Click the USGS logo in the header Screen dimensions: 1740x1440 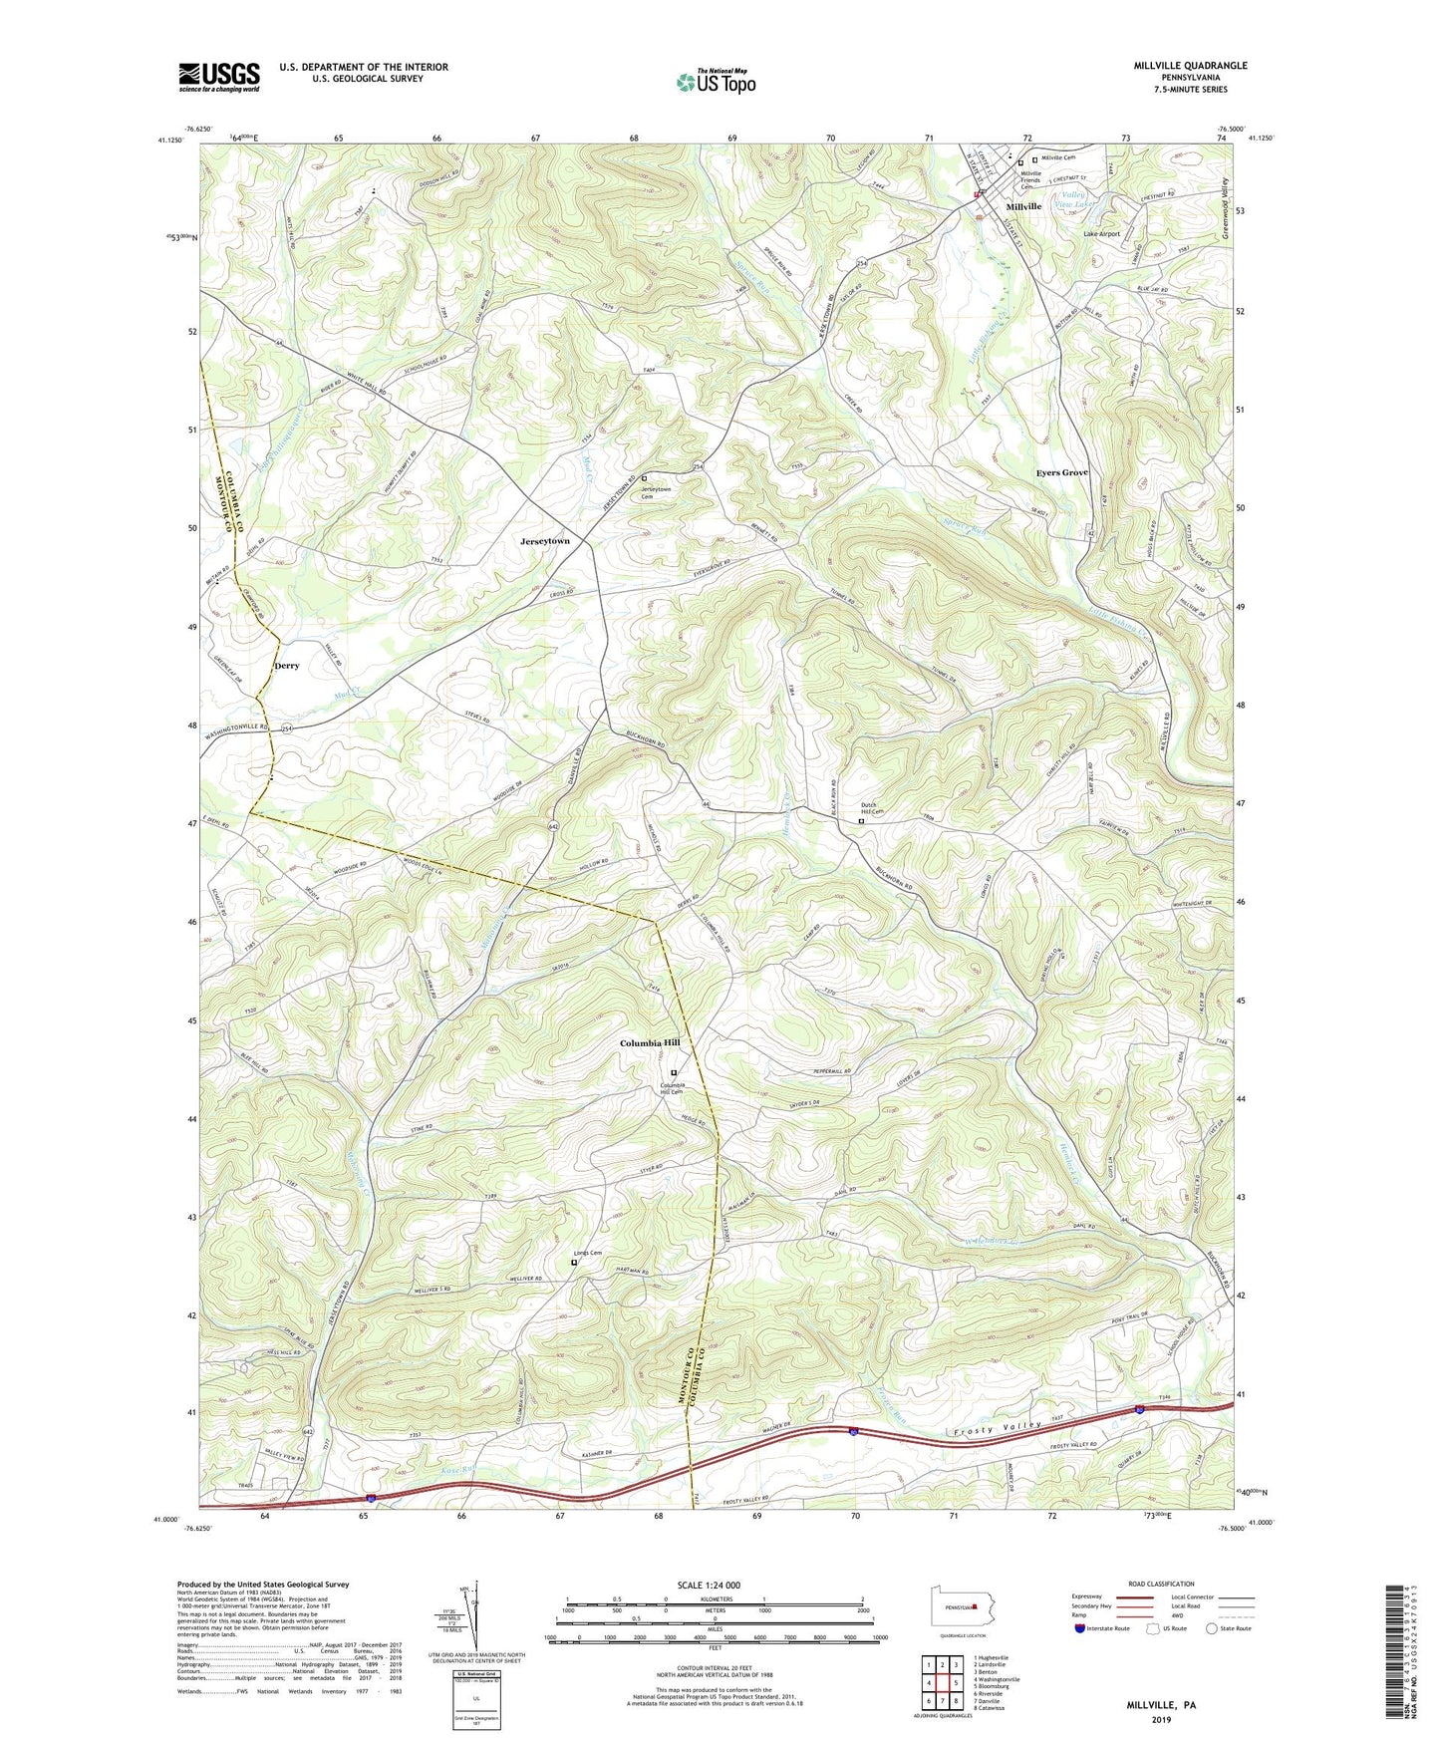tap(219, 77)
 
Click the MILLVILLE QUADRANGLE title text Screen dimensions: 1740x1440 tap(1190, 66)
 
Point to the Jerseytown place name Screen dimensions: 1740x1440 tap(545, 540)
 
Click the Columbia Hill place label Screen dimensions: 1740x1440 tap(650, 1043)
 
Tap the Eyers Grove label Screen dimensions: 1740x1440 tap(1061, 472)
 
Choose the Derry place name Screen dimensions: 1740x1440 tap(287, 666)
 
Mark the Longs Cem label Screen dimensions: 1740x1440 tap(588, 1254)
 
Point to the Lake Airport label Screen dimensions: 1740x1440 tap(1102, 234)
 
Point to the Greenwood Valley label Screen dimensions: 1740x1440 tap(1225, 210)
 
